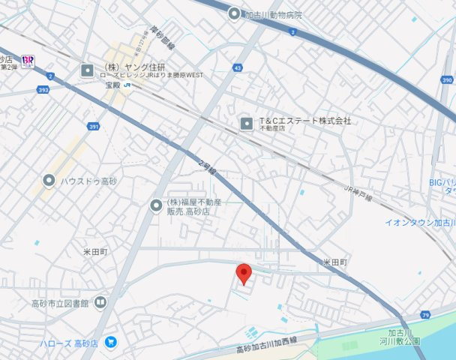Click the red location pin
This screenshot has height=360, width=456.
[244, 274]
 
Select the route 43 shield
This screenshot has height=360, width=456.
[238, 68]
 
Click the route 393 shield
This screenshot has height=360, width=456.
[43, 89]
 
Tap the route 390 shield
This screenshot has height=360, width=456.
[447, 80]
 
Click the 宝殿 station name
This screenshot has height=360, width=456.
[112, 85]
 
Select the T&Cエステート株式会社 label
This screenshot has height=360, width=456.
[304, 121]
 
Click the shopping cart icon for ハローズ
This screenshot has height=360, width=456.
[111, 343]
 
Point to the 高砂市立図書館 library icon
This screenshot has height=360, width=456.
[100, 303]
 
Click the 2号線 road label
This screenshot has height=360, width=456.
[207, 166]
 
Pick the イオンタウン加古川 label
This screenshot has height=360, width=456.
[420, 223]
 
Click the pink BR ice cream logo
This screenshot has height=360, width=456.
[28, 59]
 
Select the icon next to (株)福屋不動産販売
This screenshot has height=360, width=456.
[156, 204]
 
